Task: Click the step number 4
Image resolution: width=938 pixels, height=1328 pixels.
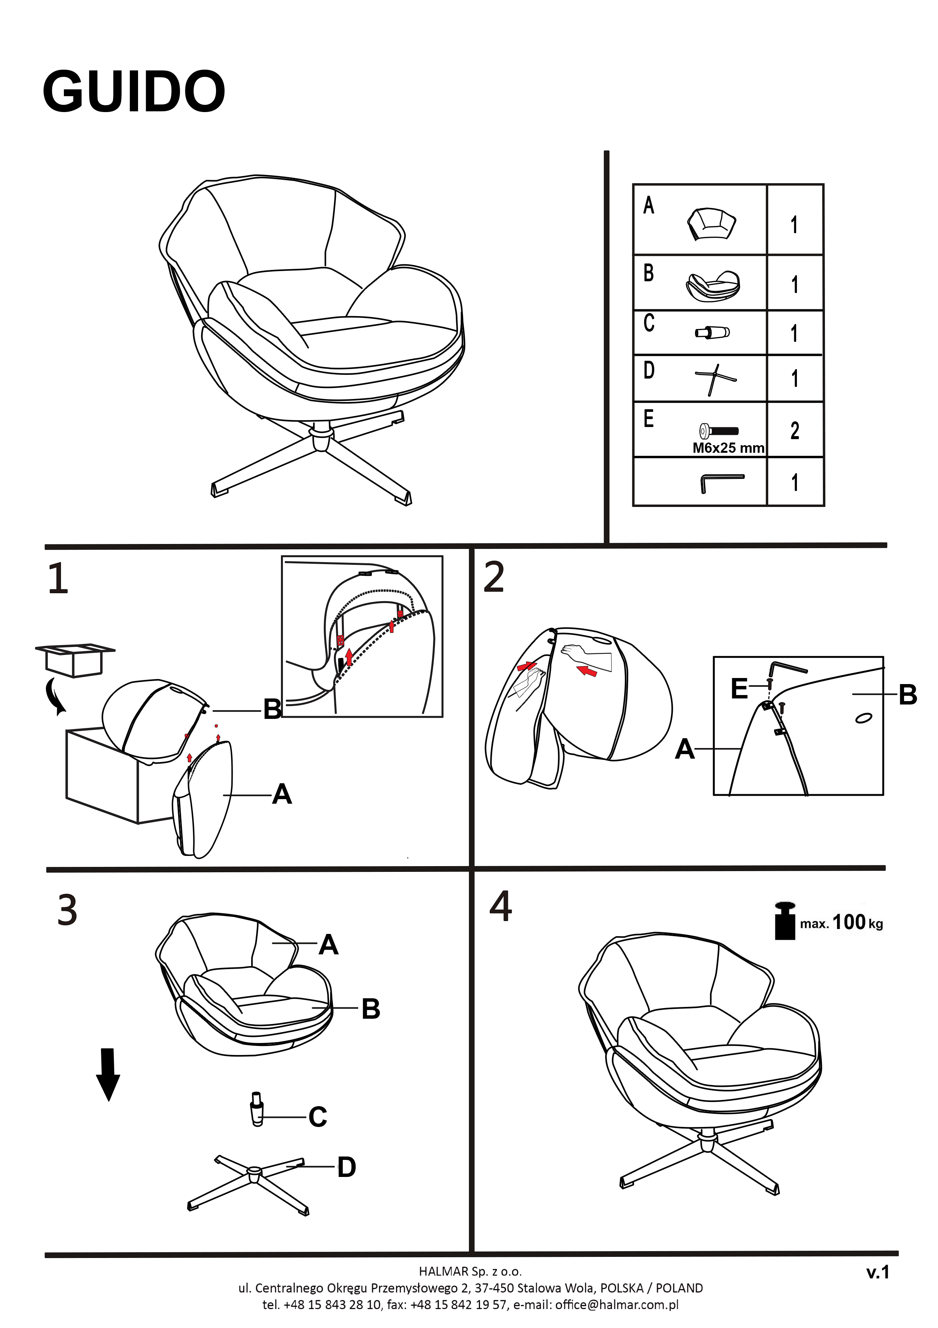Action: click(500, 906)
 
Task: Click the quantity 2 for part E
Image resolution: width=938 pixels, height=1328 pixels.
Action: click(795, 430)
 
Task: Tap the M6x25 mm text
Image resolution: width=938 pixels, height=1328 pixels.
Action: click(728, 448)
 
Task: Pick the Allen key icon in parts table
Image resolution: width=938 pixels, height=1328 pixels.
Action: click(721, 482)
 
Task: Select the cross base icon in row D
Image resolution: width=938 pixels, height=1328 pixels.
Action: click(715, 379)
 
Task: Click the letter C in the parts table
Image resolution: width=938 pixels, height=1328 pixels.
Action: click(649, 323)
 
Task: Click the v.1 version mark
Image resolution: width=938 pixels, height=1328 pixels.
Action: click(877, 1272)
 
